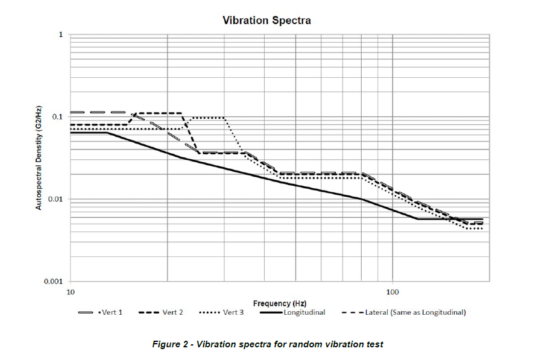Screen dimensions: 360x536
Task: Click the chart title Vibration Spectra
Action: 266,21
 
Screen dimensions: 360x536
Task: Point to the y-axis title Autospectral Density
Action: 39,158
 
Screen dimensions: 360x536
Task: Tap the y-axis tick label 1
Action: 60,35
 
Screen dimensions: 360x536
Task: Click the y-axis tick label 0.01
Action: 55,200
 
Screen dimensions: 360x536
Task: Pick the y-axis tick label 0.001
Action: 53,282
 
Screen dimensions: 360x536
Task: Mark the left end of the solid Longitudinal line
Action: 71,132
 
